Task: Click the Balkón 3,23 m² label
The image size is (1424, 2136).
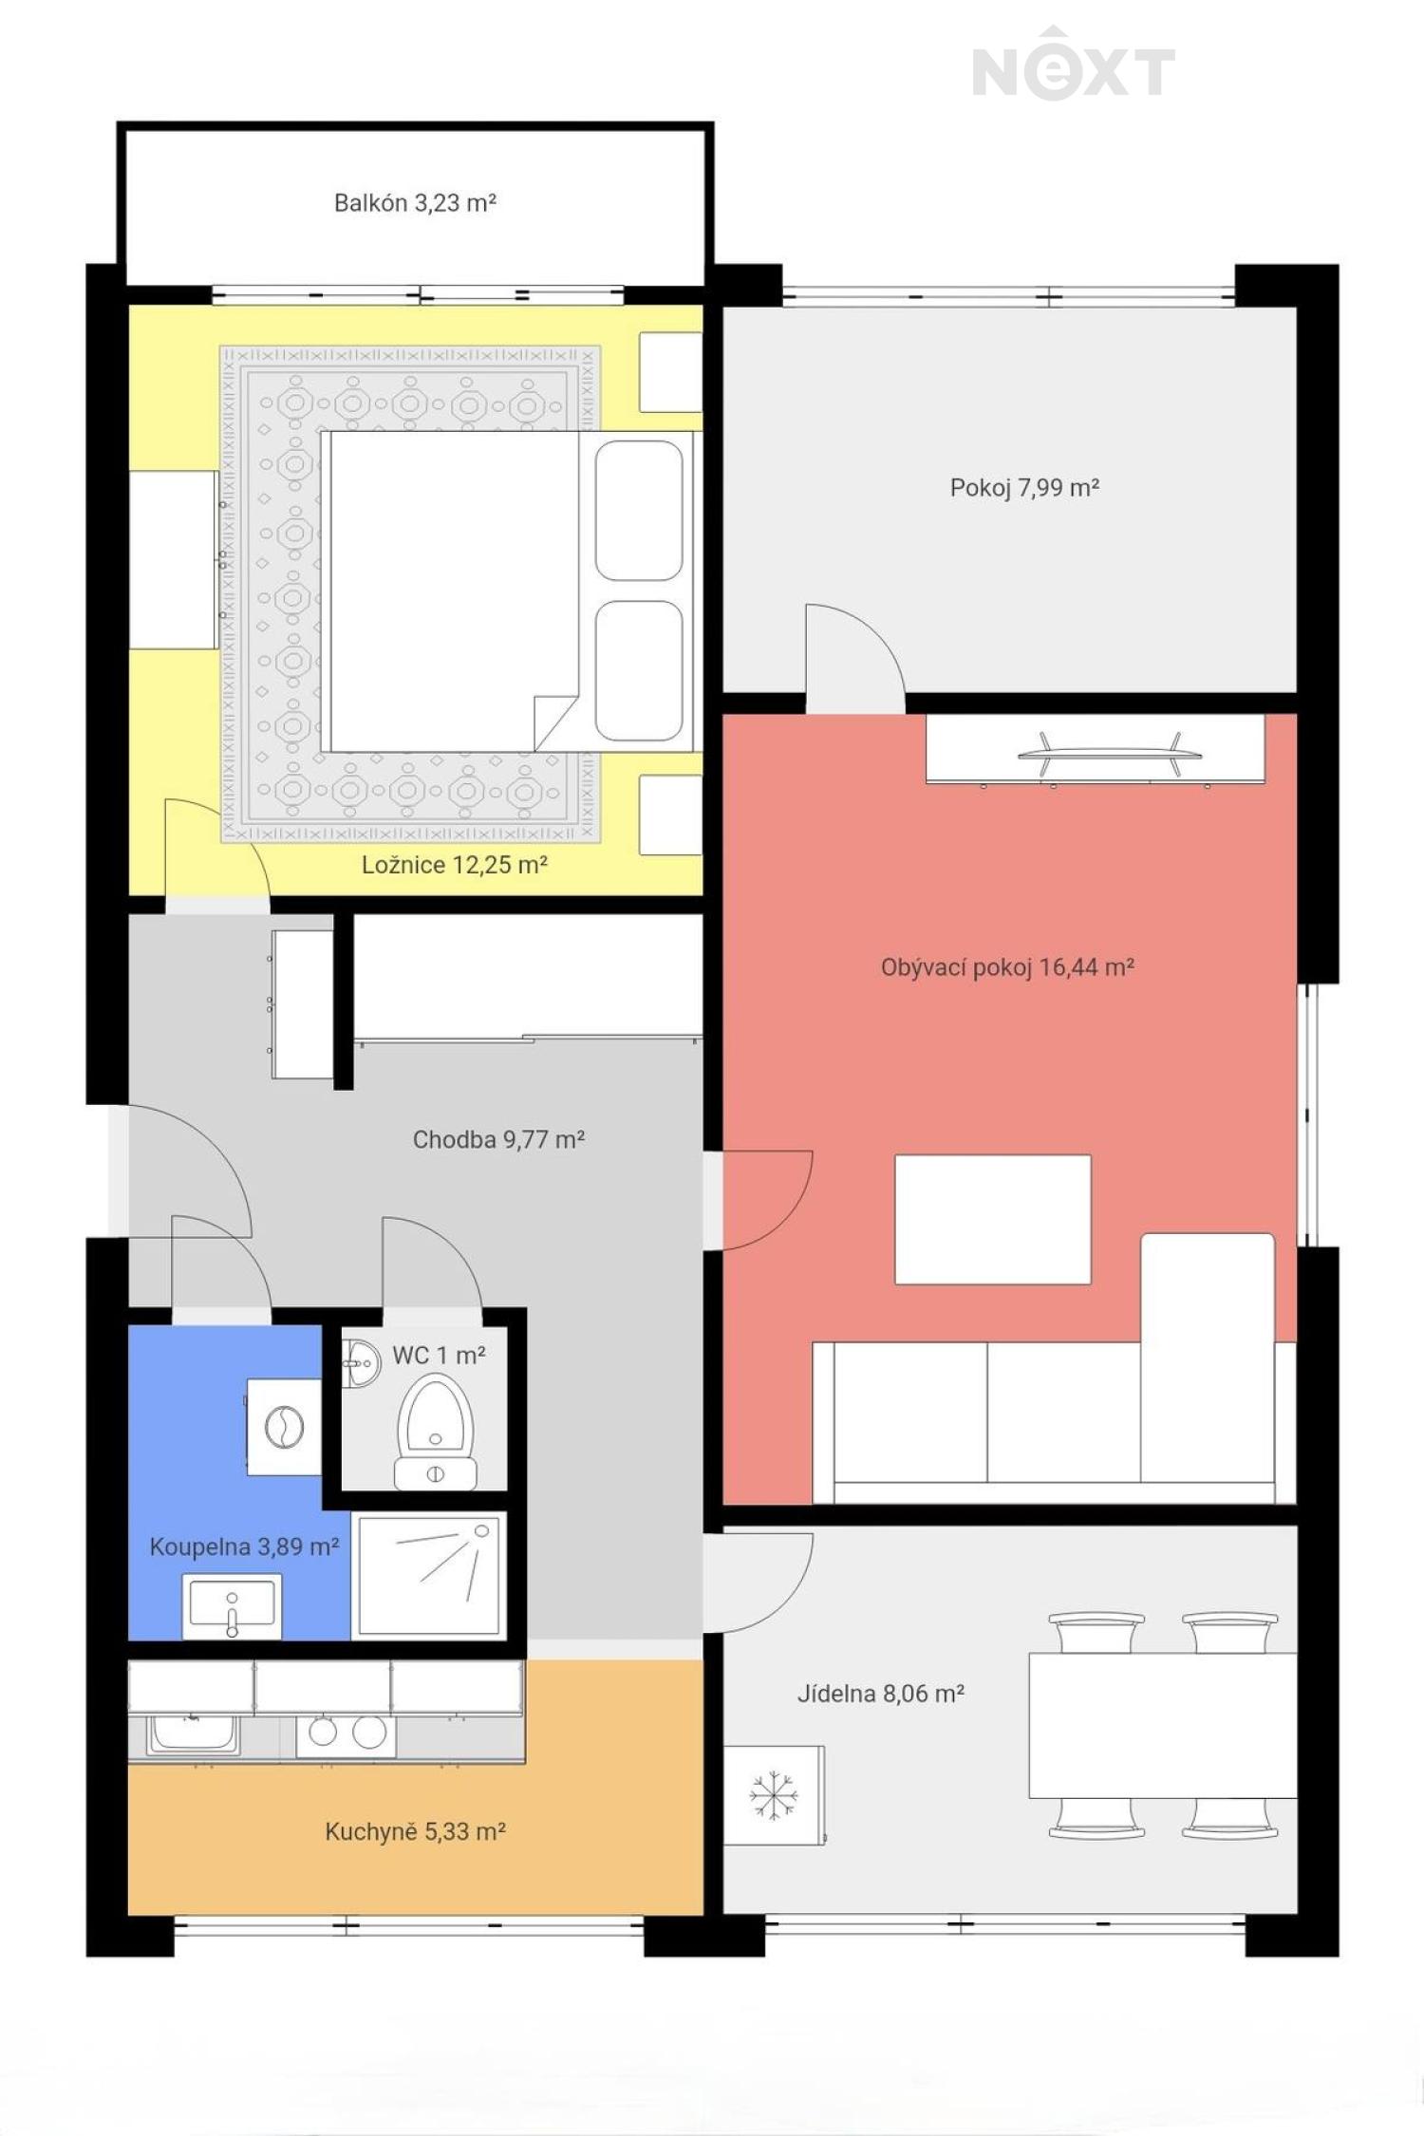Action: [415, 202]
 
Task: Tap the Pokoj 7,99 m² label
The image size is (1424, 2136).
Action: [1024, 488]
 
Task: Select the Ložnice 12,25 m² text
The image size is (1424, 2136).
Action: [454, 865]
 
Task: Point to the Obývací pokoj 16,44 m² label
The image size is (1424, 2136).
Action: [1007, 967]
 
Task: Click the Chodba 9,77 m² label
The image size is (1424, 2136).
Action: [498, 1139]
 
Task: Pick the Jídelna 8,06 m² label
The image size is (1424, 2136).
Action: [881, 1694]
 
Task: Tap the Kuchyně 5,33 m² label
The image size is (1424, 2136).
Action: [415, 1831]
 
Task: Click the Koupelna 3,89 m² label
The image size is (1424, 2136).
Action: [244, 1546]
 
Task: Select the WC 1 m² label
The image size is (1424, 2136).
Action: [439, 1355]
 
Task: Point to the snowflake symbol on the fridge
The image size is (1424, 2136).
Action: [774, 1795]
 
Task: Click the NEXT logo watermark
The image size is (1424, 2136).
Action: [1074, 65]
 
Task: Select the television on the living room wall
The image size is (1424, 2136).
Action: [1110, 754]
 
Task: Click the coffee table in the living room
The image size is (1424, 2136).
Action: [993, 1219]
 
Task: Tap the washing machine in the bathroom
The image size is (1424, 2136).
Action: [283, 1427]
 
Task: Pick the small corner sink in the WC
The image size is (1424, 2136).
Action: [360, 1364]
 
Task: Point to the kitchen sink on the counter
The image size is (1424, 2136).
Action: [193, 1735]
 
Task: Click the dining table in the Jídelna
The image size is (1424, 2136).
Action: [1163, 1725]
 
